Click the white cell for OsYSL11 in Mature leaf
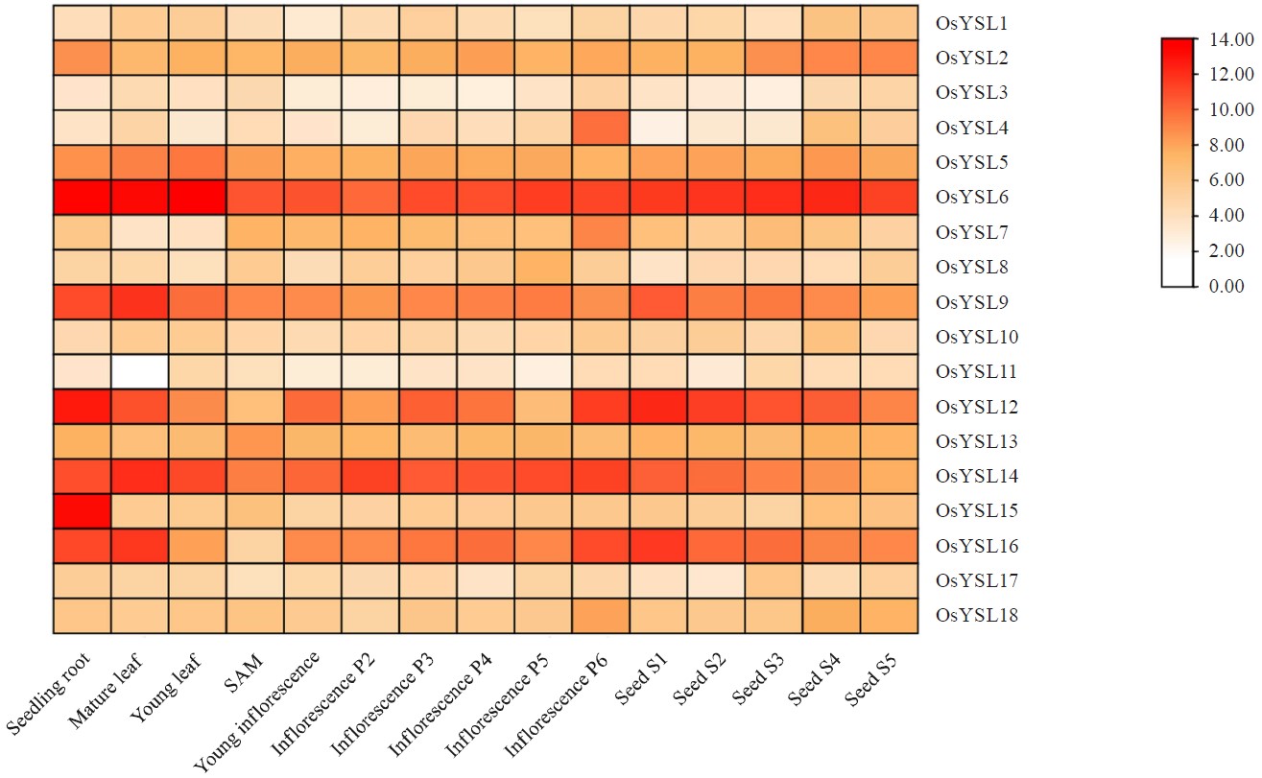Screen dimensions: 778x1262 click(x=140, y=372)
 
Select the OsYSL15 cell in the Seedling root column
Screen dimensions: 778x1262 click(x=82, y=511)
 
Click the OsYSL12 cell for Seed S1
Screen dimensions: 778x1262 click(x=659, y=407)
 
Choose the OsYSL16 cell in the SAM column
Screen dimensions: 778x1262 click(x=255, y=546)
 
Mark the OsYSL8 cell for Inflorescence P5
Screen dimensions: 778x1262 click(x=544, y=268)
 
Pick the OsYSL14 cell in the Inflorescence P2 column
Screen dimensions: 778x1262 click(x=370, y=477)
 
